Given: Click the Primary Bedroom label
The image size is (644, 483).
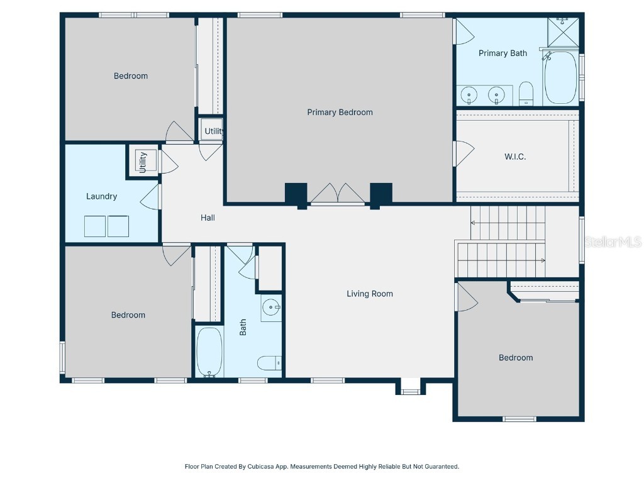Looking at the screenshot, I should tap(340, 113).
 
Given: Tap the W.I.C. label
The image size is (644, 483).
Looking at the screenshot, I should tap(515, 157).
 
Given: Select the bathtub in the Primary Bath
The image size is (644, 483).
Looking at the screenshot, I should tap(560, 78).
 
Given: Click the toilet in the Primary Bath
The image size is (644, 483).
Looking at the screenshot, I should tap(526, 93).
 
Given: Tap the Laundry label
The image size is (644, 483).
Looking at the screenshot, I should tap(101, 196).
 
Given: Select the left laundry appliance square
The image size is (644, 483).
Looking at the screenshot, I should tap(96, 226).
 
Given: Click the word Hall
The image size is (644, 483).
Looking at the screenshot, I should tap(208, 218).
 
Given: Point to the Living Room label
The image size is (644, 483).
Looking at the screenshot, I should tap(370, 294).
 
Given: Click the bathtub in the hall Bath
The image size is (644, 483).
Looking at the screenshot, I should tap(209, 352).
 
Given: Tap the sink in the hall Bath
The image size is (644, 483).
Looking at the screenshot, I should tap(271, 308).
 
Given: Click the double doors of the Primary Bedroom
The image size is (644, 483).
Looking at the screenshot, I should tap(338, 194).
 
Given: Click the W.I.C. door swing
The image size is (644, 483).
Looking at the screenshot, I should tap(464, 153).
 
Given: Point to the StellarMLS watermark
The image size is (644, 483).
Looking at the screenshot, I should tap(613, 241).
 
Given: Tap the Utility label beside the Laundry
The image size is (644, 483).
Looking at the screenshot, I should tap(143, 162).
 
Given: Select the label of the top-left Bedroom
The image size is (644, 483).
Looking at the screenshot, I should tap(131, 76).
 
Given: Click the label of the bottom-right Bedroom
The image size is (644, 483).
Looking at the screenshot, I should tap(516, 358).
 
